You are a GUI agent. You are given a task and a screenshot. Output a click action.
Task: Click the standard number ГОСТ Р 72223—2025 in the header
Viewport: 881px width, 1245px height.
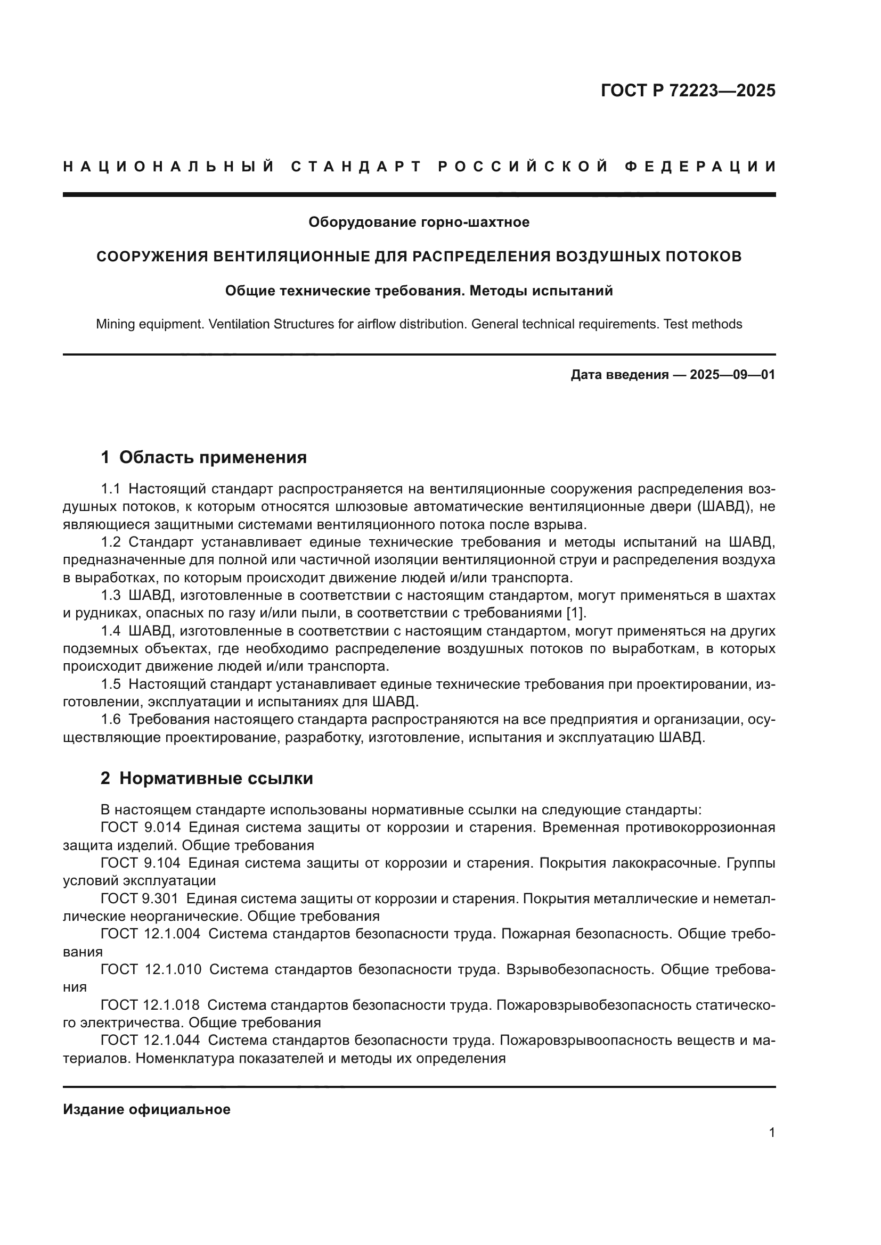tap(688, 90)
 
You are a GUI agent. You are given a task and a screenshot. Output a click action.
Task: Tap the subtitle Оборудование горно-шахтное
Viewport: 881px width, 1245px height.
tap(419, 222)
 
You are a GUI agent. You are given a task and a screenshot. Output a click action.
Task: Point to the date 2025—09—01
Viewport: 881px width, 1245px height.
tap(732, 375)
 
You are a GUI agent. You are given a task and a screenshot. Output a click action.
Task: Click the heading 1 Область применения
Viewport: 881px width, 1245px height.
tap(203, 458)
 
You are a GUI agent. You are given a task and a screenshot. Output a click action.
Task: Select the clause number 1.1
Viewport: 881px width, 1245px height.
tap(110, 489)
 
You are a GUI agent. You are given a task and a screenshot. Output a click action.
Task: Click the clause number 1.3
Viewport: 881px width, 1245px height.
tap(110, 596)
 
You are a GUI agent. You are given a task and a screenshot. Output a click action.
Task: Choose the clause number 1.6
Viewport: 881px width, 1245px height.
tap(110, 720)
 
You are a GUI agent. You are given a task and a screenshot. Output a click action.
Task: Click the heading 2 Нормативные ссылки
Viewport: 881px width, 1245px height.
tap(207, 779)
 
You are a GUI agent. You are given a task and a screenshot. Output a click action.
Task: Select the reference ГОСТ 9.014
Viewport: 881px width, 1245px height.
tap(141, 828)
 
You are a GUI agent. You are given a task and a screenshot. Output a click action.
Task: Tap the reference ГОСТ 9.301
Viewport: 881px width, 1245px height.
tap(140, 898)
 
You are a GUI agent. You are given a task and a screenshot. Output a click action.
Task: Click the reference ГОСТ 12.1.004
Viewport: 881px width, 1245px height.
tap(150, 934)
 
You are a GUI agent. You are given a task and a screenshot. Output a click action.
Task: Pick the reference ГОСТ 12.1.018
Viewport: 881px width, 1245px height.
tap(150, 1005)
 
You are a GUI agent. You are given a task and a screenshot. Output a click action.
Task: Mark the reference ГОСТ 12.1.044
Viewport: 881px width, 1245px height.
tap(150, 1040)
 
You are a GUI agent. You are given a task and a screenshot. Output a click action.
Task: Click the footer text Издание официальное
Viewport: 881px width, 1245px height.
tap(146, 1109)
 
